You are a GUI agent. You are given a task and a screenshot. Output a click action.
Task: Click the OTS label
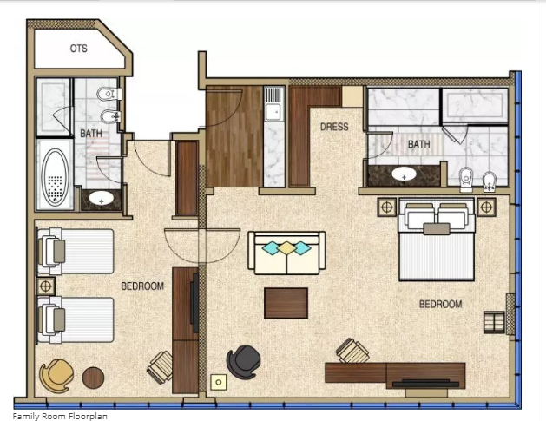coord(79,49)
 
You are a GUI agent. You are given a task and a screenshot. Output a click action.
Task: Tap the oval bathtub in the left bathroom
coord(55,177)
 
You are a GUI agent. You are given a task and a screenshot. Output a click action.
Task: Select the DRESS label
coord(334,127)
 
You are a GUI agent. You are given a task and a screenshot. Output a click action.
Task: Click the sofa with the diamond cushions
coord(287,253)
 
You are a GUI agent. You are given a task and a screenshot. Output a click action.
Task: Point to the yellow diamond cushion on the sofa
coord(286,248)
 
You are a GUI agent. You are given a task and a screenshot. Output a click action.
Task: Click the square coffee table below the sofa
coord(286,303)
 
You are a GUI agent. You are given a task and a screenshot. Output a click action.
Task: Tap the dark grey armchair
coord(243,362)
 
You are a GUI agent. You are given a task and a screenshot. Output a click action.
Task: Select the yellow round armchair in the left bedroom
coord(56,376)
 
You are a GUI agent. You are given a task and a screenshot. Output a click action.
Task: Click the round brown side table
coord(93,378)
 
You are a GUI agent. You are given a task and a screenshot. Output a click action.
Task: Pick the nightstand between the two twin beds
coord(46,286)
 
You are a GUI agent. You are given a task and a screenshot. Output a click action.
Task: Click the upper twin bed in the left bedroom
coord(76,252)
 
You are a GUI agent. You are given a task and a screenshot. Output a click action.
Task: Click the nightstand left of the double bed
coord(387,207)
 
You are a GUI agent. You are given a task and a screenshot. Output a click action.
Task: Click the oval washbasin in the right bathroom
coord(404,174)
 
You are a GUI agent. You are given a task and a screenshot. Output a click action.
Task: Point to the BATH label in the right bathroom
coord(419,144)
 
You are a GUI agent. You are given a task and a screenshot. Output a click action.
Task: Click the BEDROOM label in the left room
coord(142,286)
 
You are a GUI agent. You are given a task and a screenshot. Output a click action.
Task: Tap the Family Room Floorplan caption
coord(60,416)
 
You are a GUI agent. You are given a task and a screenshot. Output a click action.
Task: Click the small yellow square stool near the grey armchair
coord(219,382)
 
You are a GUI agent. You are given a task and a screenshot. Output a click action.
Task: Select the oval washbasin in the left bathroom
coord(102,199)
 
